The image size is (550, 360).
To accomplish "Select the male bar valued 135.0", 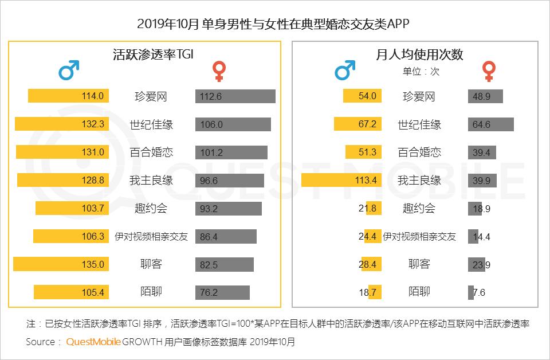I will point(60,264).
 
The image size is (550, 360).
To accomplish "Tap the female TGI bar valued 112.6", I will point(235,96).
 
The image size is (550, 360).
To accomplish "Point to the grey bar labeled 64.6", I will point(490,124).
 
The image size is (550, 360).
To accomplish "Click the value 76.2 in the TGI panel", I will point(209,292).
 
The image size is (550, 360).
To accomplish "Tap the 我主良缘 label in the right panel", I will point(419,181).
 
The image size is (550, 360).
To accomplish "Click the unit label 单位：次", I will point(421,72).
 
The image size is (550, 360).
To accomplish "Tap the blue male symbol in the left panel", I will point(69,71).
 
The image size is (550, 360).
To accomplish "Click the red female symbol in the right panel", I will point(489,71).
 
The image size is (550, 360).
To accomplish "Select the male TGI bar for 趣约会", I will point(72,208).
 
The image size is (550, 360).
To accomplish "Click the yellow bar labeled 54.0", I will point(362,96).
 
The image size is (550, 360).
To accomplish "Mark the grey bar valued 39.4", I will point(481,152).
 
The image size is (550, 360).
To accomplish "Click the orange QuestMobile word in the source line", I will point(93,342).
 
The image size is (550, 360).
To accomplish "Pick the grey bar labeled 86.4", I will point(226,236).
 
